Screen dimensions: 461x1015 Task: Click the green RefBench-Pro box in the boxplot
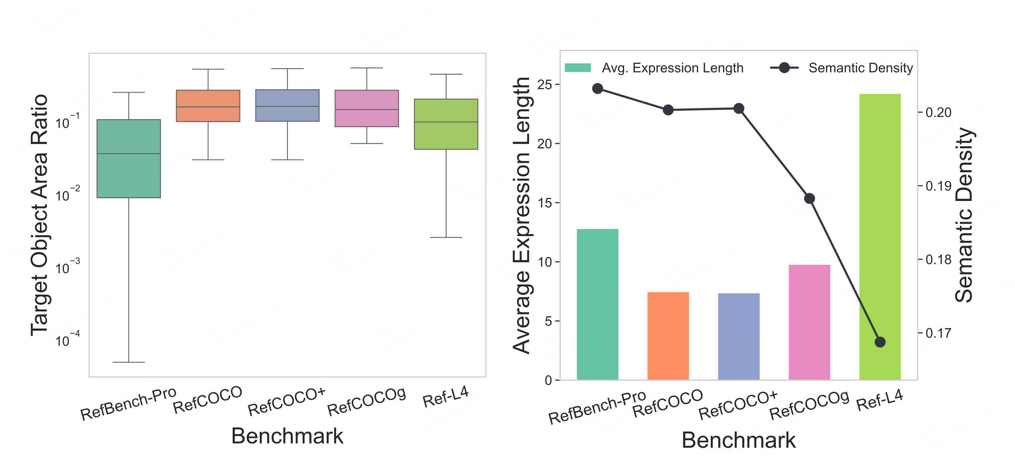coord(129,159)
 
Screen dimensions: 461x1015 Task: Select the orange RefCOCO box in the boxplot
coord(208,106)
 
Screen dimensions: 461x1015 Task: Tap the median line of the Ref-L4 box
coord(446,122)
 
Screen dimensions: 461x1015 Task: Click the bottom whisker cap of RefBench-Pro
coord(129,362)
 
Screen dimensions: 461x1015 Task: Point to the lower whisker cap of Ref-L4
coord(446,237)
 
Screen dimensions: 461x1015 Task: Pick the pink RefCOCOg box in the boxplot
coord(367,108)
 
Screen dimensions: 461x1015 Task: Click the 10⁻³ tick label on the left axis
coord(67,268)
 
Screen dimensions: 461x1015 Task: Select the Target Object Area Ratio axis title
coord(40,215)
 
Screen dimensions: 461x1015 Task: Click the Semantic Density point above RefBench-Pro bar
coord(598,89)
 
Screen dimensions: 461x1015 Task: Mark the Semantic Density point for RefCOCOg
coord(809,199)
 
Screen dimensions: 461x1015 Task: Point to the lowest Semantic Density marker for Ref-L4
coord(880,342)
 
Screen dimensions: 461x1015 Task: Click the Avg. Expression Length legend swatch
coord(577,68)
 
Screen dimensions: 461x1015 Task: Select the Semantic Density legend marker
coord(784,68)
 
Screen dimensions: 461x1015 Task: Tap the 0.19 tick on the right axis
coord(938,186)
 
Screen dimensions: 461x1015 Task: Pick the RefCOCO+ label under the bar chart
coord(738,405)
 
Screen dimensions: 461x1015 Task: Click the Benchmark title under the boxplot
coord(287,436)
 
